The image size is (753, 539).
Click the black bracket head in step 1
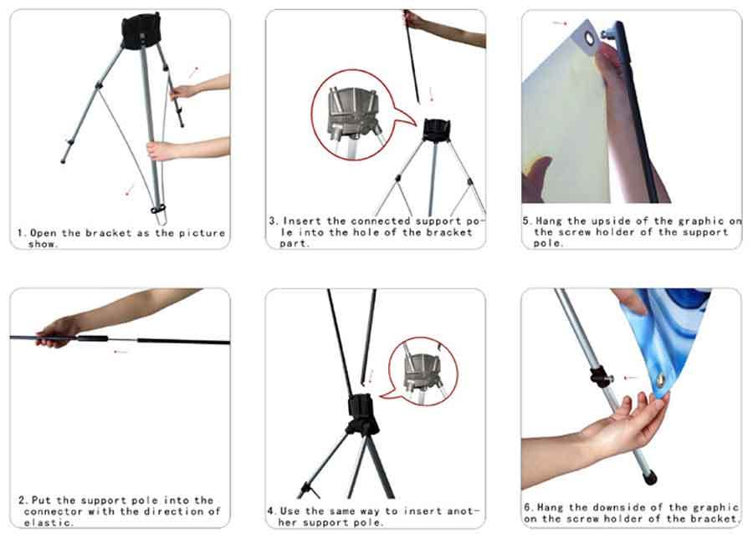[141, 31]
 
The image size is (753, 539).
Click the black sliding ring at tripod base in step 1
[158, 209]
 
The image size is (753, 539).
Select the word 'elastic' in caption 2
[47, 522]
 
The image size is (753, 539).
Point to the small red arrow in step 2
[120, 352]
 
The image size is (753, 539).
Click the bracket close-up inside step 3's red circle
[353, 113]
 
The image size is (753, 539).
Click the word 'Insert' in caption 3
[302, 221]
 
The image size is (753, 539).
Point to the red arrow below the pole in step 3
[431, 94]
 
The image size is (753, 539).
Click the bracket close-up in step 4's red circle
[423, 372]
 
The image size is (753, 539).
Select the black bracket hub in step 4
[362, 414]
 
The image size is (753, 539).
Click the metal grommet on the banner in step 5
[589, 38]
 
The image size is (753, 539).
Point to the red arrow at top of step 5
[560, 23]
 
